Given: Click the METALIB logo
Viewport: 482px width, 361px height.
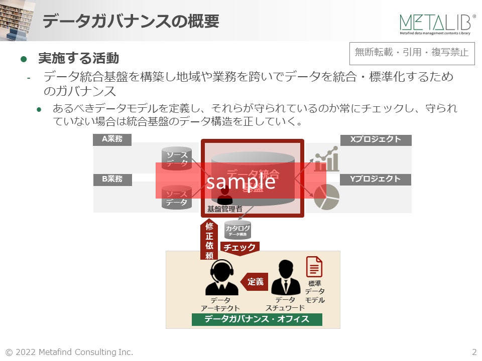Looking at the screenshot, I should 437,24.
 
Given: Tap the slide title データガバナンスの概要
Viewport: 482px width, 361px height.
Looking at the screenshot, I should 131,22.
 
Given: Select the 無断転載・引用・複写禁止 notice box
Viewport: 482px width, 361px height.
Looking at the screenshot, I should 411,52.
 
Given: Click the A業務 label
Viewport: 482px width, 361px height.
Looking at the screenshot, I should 112,139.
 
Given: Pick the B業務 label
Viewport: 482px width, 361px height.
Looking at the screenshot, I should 112,179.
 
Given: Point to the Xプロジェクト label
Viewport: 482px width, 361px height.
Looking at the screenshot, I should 376,139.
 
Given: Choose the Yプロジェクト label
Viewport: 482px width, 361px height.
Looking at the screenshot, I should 376,179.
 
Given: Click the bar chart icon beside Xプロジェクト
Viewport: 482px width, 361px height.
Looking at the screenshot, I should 326,159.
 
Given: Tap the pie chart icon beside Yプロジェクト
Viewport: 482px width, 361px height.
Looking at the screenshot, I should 326,197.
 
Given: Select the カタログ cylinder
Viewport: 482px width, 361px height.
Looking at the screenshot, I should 237,230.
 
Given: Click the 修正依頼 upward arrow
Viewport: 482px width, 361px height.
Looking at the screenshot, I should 209,240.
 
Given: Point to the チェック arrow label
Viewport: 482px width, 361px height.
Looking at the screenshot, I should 240,248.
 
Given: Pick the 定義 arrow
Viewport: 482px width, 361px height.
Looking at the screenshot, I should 255,282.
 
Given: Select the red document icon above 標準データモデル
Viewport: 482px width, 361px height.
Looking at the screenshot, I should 314,267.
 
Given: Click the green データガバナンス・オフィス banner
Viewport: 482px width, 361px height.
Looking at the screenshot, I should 257,319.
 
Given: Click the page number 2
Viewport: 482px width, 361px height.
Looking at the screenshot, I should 474,352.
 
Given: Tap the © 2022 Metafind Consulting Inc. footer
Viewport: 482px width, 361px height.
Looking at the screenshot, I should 69,352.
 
